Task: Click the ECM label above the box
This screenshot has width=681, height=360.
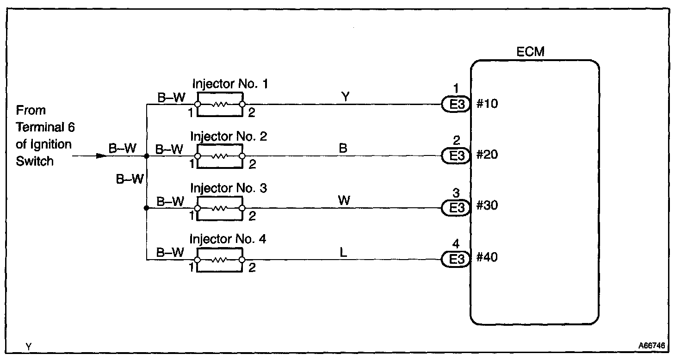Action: pyautogui.click(x=530, y=52)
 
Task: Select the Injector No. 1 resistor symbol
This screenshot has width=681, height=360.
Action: pyautogui.click(x=220, y=105)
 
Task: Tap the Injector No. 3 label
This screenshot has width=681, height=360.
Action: pyautogui.click(x=228, y=188)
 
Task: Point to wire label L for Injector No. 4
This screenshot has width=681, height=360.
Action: pyautogui.click(x=343, y=253)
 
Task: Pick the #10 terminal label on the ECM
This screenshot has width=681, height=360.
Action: pyautogui.click(x=487, y=104)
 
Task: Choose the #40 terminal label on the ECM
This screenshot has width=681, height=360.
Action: pyautogui.click(x=487, y=257)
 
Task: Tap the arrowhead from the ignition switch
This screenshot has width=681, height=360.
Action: pyautogui.click(x=101, y=156)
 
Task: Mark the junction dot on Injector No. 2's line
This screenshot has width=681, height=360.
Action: pyautogui.click(x=147, y=156)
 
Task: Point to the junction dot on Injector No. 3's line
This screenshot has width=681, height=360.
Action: pyautogui.click(x=147, y=208)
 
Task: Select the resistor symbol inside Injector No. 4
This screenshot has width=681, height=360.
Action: pyautogui.click(x=220, y=260)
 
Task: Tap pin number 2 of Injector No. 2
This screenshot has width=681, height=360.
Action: pyautogui.click(x=252, y=164)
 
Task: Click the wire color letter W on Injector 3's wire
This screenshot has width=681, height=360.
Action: pyautogui.click(x=344, y=200)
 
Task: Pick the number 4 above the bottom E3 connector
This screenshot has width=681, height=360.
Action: pyautogui.click(x=457, y=244)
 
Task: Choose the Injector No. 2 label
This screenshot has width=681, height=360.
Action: pyautogui.click(x=228, y=137)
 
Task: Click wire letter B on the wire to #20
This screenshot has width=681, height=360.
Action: pyautogui.click(x=343, y=148)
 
